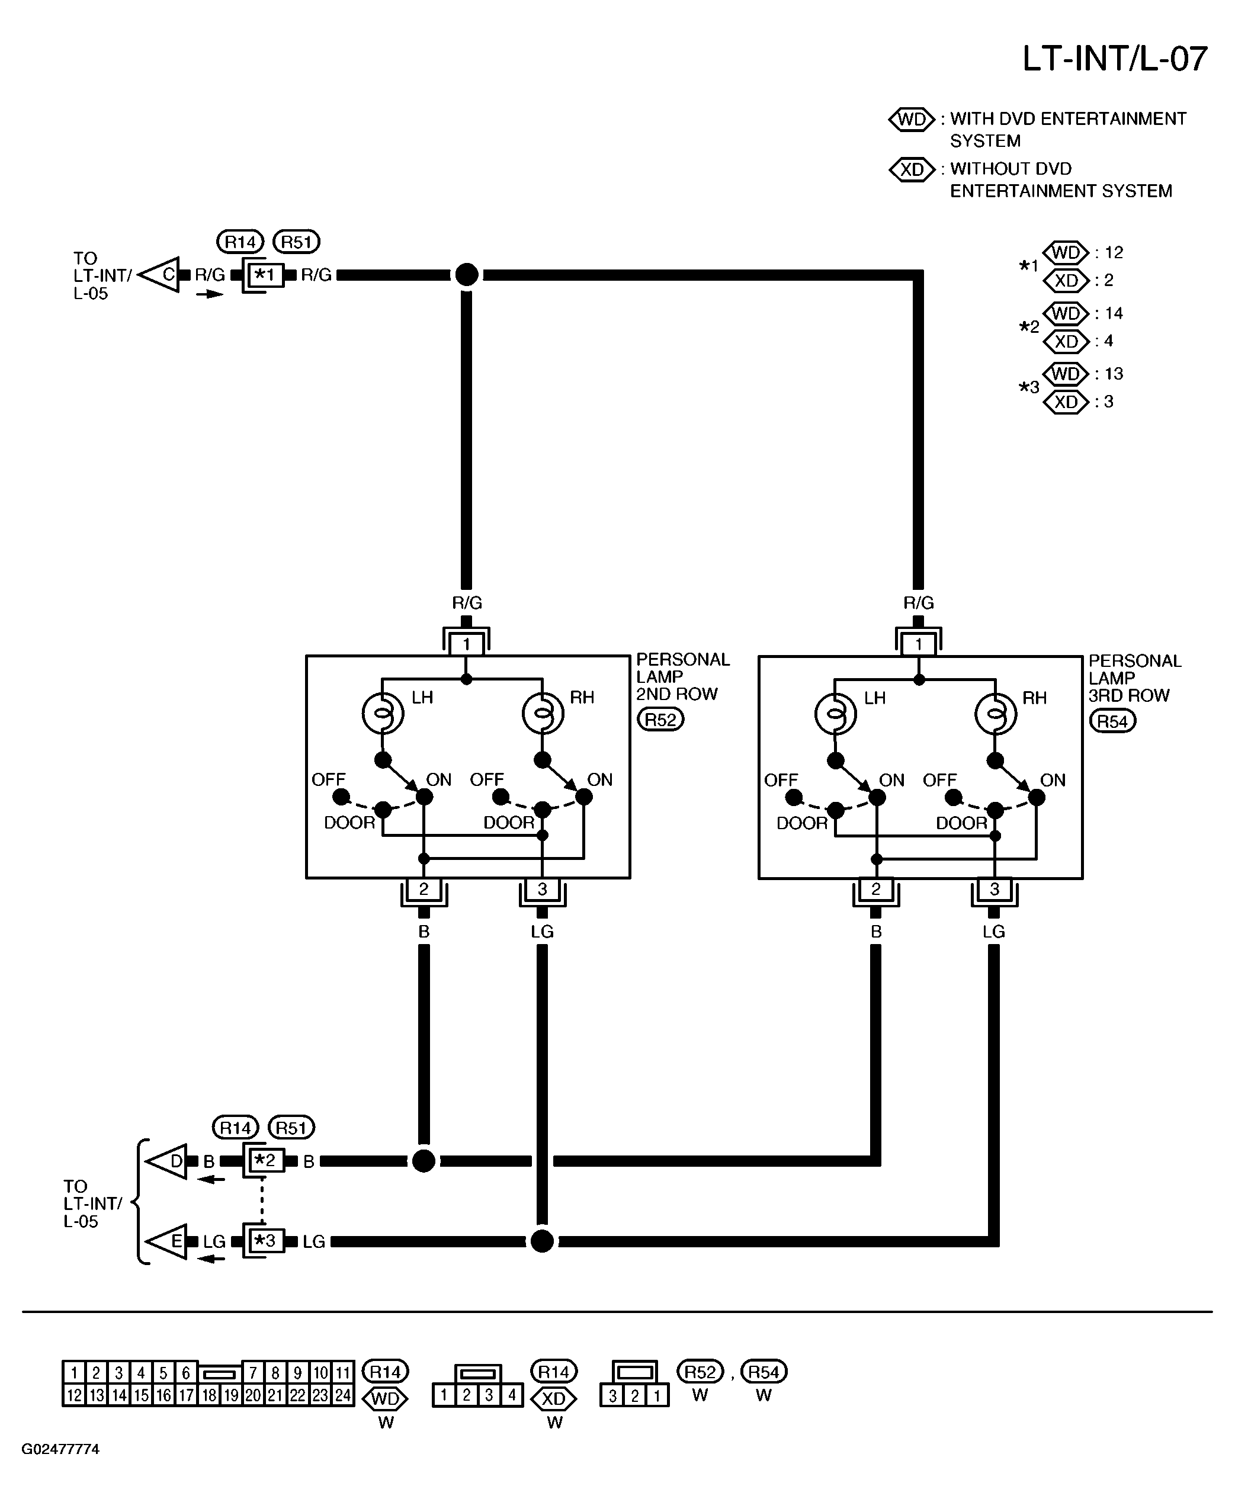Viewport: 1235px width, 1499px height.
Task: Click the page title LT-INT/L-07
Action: pyautogui.click(x=1115, y=59)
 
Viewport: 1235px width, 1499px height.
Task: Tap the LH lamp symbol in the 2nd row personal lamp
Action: pyautogui.click(x=383, y=713)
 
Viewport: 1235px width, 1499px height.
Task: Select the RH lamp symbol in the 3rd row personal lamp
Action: pyautogui.click(x=995, y=714)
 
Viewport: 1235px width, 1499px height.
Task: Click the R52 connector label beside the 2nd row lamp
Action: pyautogui.click(x=660, y=720)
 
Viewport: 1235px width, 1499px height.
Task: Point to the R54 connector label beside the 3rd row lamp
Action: pyautogui.click(x=1112, y=721)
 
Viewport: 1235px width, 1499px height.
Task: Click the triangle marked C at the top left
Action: pyautogui.click(x=160, y=275)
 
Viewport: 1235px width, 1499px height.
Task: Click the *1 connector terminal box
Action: pyautogui.click(x=265, y=275)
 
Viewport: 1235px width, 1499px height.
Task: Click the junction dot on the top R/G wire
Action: pyautogui.click(x=467, y=275)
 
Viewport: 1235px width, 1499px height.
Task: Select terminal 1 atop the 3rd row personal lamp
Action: pyautogui.click(x=919, y=644)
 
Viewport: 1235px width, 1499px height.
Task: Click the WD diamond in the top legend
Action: pyautogui.click(x=912, y=119)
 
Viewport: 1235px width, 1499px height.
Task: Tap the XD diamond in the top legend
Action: pyautogui.click(x=912, y=169)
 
